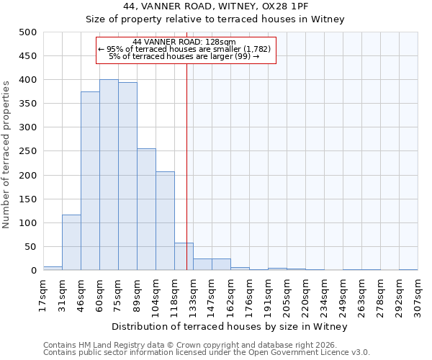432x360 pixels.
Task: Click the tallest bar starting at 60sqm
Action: click(109, 175)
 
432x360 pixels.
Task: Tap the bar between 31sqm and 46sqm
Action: click(71, 243)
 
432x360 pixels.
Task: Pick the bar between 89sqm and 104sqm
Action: click(146, 210)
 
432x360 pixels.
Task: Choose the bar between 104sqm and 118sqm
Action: click(165, 221)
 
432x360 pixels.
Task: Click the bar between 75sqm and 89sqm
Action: click(127, 176)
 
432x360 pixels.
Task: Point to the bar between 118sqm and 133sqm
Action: click(184, 257)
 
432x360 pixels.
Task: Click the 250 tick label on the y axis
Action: click(28, 152)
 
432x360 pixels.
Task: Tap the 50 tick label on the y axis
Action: click(31, 247)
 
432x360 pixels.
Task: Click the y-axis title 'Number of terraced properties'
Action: click(6, 151)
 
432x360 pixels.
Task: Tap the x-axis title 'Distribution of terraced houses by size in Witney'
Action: click(230, 326)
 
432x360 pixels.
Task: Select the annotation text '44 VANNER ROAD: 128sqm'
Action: click(184, 42)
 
